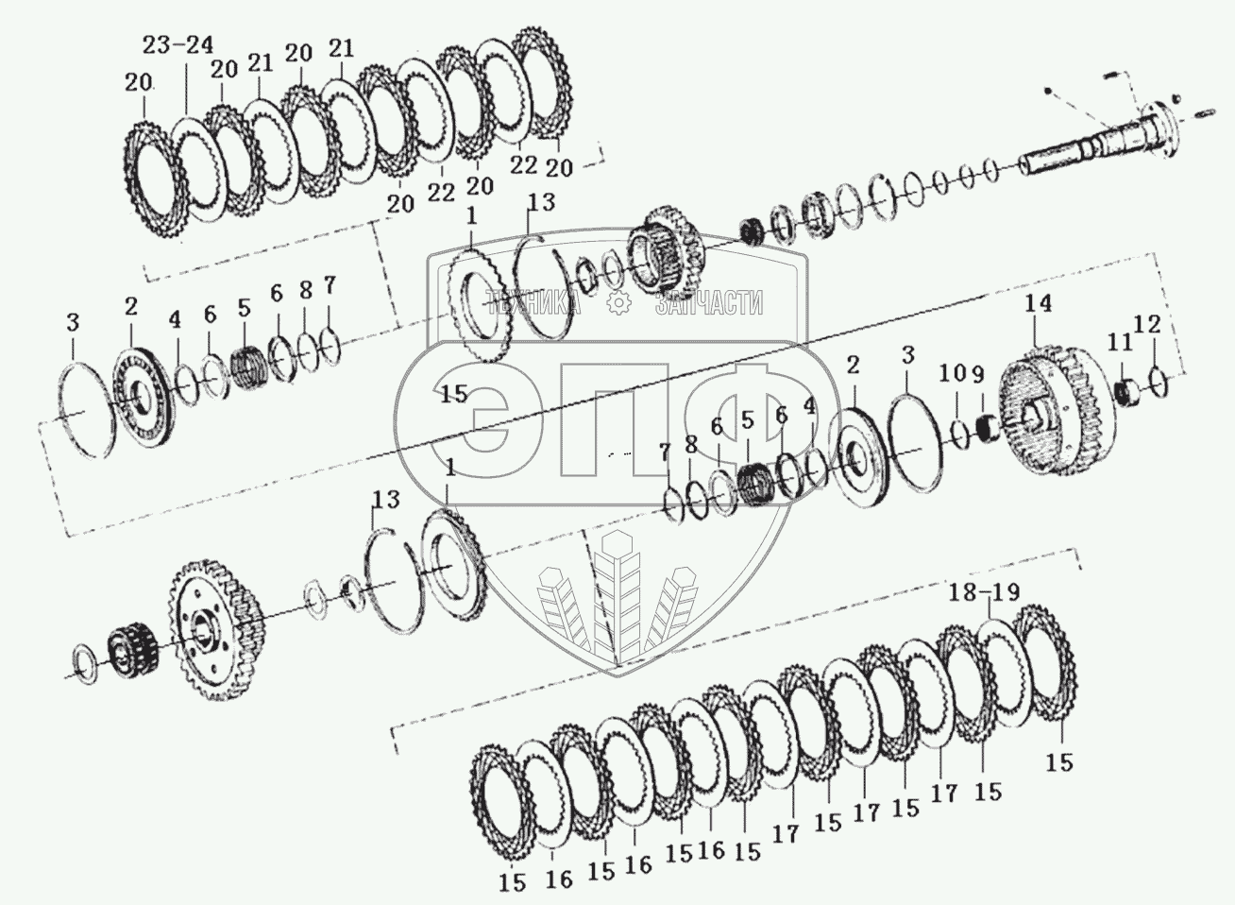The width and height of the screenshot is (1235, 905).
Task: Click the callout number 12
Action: (1148, 325)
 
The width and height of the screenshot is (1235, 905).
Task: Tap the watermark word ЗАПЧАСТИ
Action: (710, 302)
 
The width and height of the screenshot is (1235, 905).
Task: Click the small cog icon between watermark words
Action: (619, 302)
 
